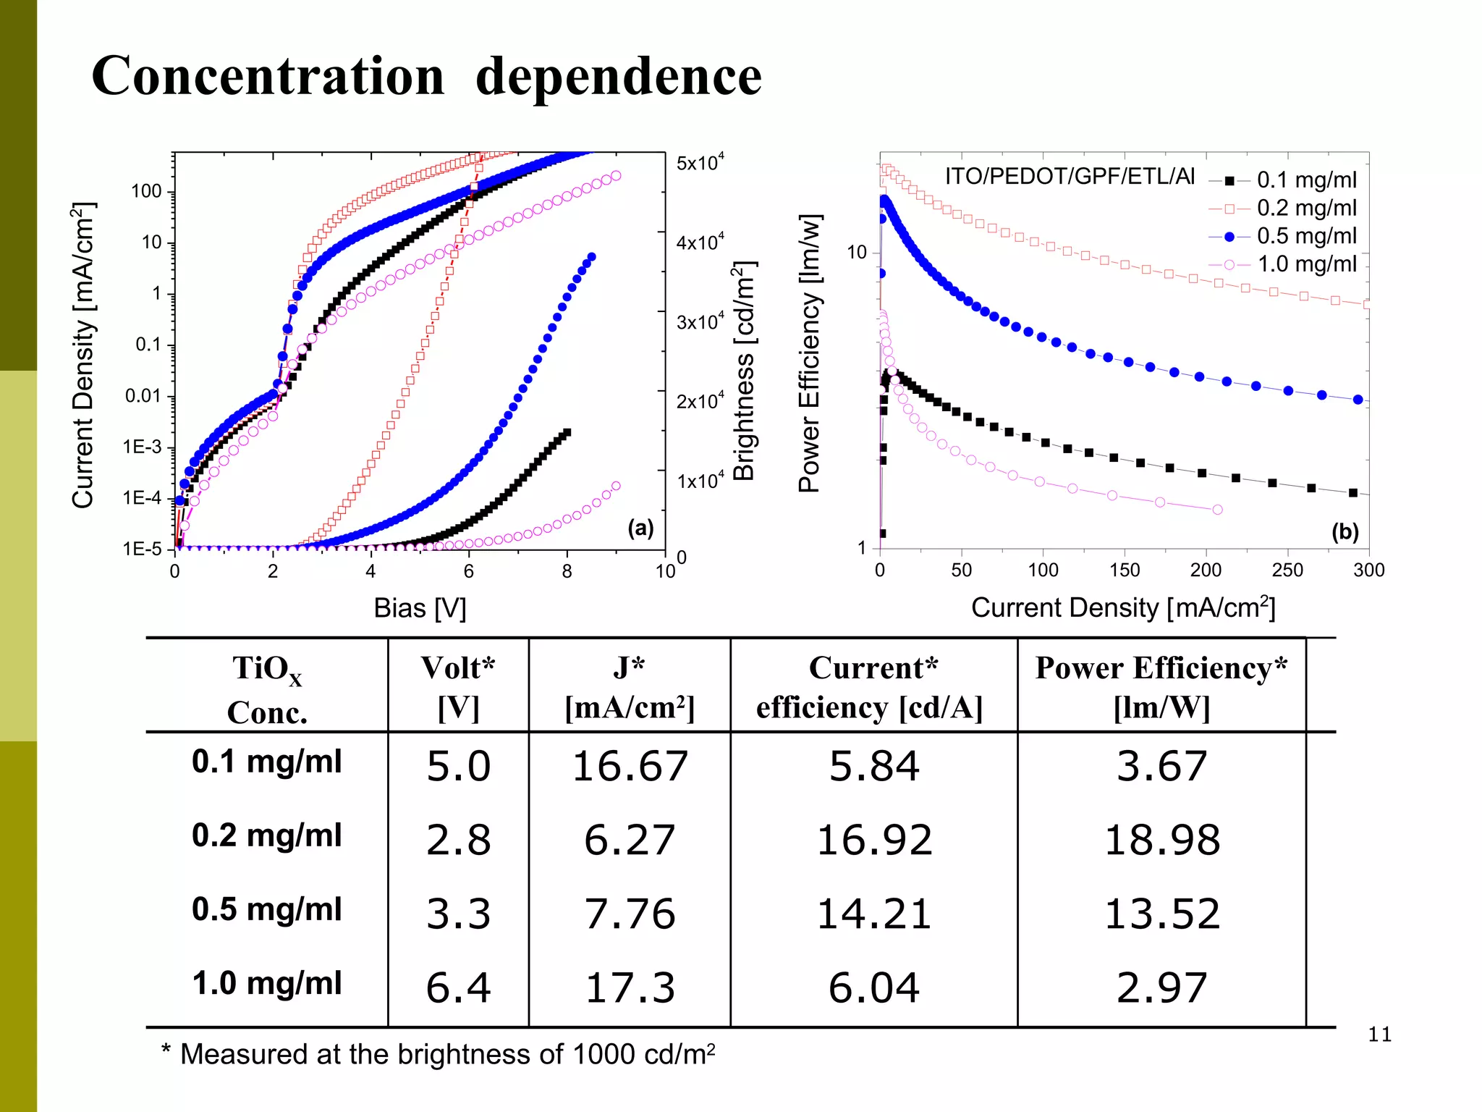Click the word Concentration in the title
(x=268, y=76)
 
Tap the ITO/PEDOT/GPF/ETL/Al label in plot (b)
(x=1070, y=176)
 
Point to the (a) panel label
(x=640, y=528)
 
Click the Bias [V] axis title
(x=420, y=608)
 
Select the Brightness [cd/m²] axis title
(x=744, y=371)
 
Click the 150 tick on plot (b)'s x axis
(x=1125, y=570)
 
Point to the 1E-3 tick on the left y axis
(x=143, y=447)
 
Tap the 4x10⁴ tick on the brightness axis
(x=699, y=241)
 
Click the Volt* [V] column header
(x=458, y=686)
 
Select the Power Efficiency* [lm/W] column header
(x=1161, y=686)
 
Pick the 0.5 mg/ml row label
(x=266, y=909)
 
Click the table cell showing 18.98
(x=1161, y=841)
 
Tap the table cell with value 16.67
(x=630, y=767)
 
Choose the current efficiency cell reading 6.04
(x=873, y=988)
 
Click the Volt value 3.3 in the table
(x=458, y=914)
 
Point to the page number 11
(x=1379, y=1035)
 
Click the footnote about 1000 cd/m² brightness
(x=438, y=1055)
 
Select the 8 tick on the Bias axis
(x=567, y=572)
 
